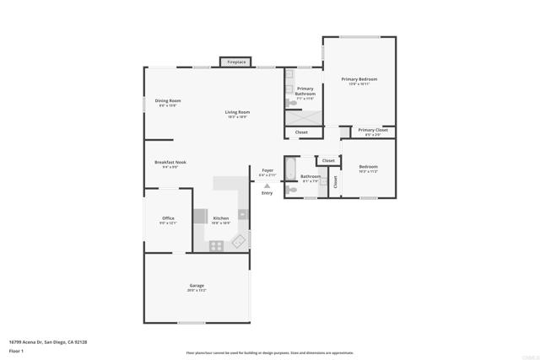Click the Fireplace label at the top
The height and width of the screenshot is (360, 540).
(x=235, y=62)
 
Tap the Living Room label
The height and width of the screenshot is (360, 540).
(x=237, y=112)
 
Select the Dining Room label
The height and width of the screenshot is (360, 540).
(x=168, y=100)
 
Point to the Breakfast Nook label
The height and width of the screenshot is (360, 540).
(x=170, y=162)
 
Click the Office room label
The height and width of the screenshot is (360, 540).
(x=168, y=218)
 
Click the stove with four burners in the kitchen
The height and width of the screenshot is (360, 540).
(x=216, y=245)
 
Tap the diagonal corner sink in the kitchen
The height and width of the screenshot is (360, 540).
(x=239, y=242)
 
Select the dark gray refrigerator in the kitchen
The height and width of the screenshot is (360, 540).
(x=200, y=216)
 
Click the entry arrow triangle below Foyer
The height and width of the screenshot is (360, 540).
(x=267, y=185)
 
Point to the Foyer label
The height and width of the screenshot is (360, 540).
(x=267, y=170)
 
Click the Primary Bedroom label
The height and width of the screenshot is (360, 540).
(x=359, y=79)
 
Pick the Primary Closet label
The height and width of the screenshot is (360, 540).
(x=372, y=130)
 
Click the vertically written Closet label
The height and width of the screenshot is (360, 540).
(x=335, y=180)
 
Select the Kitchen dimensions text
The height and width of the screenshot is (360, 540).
(x=220, y=223)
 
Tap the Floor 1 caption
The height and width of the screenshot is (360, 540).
(x=16, y=349)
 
